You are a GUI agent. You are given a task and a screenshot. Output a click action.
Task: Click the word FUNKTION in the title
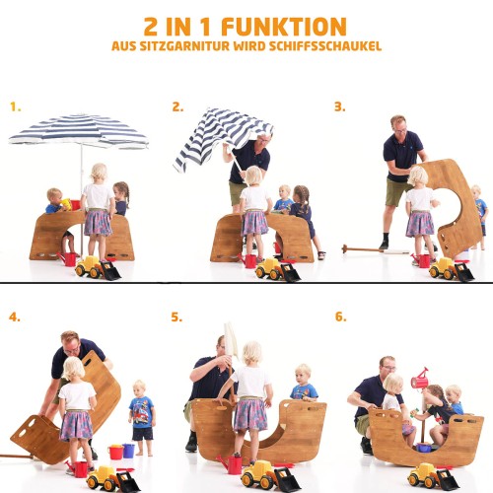(x=284, y=27)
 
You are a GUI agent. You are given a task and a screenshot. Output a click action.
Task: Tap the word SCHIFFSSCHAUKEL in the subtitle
(x=325, y=46)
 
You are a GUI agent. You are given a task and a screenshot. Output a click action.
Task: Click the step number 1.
(x=16, y=106)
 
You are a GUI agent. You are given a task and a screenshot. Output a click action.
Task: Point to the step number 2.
(x=177, y=106)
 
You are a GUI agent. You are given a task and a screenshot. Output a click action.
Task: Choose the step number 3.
(x=340, y=106)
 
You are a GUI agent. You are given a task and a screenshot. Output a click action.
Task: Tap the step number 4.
(x=15, y=317)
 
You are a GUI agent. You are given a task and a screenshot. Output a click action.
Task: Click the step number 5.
(x=176, y=317)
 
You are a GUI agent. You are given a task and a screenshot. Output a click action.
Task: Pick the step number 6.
(x=341, y=317)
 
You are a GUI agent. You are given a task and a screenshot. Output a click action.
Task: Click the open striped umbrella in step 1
(x=79, y=131)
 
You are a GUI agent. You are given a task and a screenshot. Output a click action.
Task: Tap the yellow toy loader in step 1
(x=98, y=268)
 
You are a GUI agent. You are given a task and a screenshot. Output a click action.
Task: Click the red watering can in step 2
(x=248, y=260)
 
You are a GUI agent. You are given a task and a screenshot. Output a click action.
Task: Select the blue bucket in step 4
(x=128, y=451)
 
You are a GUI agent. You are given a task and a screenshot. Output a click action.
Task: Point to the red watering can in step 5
(x=232, y=464)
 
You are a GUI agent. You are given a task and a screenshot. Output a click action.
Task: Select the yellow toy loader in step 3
(x=452, y=269)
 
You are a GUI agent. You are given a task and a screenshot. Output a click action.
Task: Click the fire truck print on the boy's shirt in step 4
(x=142, y=412)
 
